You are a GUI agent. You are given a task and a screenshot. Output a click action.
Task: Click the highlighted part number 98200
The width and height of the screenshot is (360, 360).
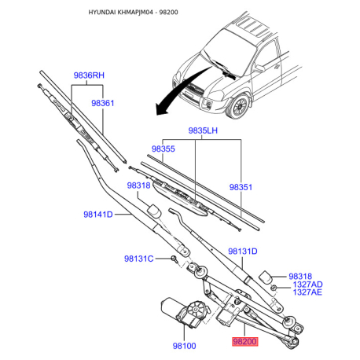click(x=244, y=341)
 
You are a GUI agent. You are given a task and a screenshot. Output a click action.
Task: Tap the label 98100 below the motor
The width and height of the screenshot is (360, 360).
click(x=184, y=346)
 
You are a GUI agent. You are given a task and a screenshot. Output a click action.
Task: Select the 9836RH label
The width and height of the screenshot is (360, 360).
click(x=89, y=75)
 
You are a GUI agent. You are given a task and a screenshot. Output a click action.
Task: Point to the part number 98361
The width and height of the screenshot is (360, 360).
click(x=103, y=103)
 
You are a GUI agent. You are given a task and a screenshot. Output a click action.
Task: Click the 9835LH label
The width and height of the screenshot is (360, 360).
click(x=203, y=130)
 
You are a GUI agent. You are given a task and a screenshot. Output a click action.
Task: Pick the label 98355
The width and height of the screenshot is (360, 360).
click(x=163, y=149)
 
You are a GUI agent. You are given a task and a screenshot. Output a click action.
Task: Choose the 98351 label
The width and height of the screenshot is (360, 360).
click(x=241, y=187)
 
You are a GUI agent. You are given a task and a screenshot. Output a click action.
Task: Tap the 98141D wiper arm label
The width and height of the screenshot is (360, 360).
click(x=98, y=215)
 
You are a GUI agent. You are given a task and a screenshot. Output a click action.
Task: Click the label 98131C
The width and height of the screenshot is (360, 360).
click(x=138, y=259)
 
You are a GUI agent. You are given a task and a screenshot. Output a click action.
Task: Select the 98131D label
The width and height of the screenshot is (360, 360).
click(x=243, y=252)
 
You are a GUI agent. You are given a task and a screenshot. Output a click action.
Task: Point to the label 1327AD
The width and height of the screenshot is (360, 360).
click(x=307, y=285)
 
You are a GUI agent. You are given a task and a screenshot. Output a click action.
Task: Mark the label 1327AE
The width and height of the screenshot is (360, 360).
click(x=307, y=292)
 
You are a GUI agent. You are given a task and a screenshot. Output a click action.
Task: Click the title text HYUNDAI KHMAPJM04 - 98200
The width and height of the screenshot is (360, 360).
click(x=133, y=12)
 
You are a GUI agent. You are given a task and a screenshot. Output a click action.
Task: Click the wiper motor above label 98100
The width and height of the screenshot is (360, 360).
click(x=185, y=312)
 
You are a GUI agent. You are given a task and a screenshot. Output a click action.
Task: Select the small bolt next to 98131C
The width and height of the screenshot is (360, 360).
click(x=174, y=259)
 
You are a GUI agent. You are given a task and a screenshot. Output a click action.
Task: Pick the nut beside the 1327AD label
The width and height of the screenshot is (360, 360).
click(x=274, y=288)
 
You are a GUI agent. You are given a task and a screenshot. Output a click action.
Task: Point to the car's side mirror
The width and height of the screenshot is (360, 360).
click(x=259, y=68)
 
